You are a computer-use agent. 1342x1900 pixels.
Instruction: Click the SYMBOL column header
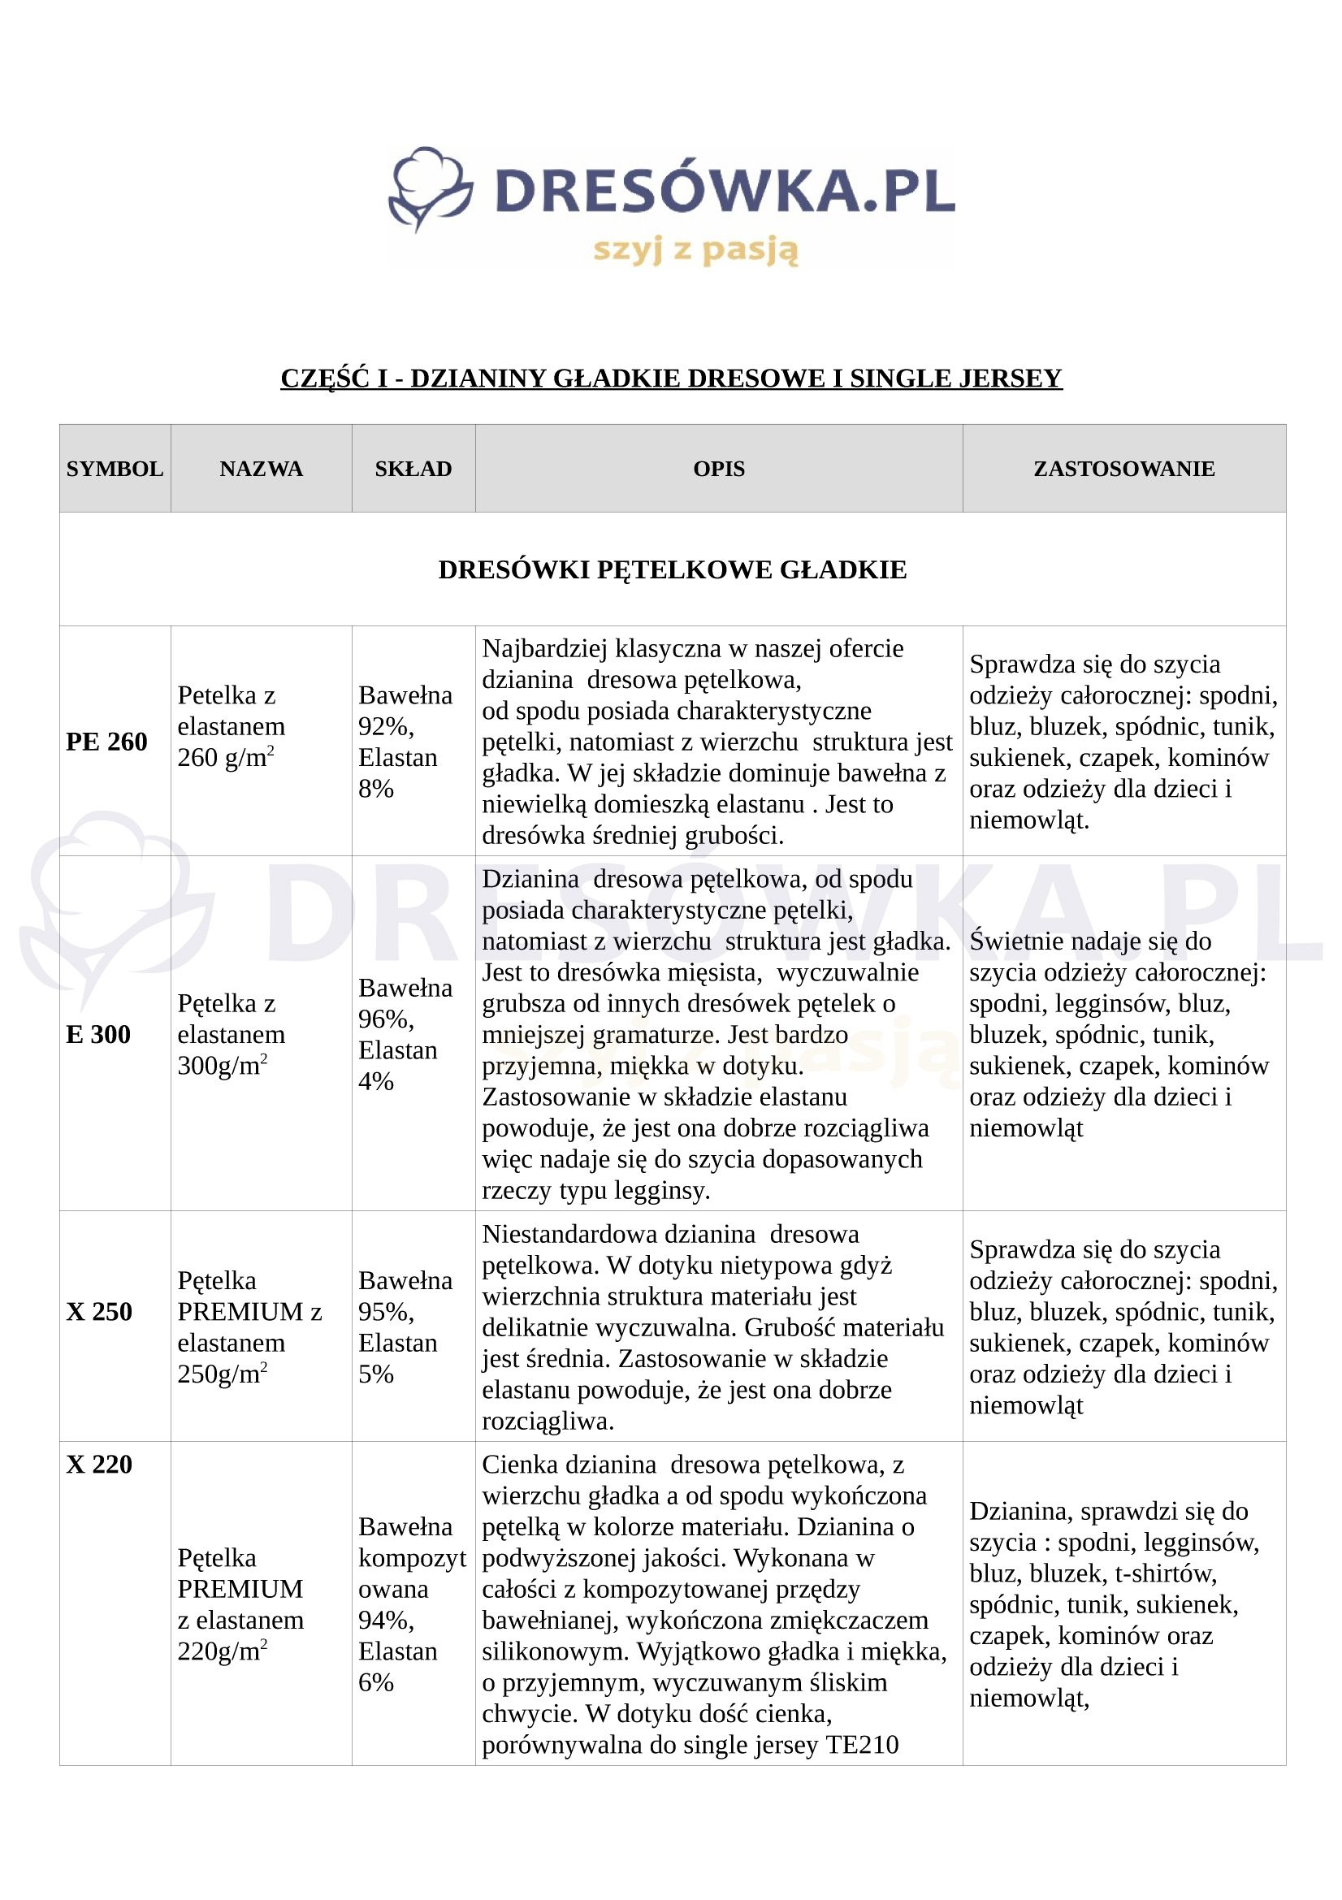(x=115, y=469)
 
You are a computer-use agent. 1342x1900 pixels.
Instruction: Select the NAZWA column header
(x=262, y=469)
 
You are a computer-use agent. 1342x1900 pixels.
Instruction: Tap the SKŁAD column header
(x=413, y=469)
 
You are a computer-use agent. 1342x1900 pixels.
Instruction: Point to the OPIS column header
(x=719, y=469)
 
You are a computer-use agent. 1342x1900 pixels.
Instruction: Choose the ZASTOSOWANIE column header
(x=1123, y=469)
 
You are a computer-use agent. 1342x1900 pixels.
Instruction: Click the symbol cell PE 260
(x=106, y=742)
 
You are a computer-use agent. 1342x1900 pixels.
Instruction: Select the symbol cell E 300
(x=98, y=1034)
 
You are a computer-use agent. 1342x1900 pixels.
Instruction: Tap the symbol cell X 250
(x=99, y=1312)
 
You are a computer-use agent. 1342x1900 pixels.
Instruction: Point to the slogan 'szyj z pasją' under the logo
(x=696, y=249)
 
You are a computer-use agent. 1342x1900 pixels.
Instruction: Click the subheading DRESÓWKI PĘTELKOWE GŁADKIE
(x=672, y=569)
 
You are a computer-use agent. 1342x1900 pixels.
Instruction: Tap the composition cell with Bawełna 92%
(x=405, y=742)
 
